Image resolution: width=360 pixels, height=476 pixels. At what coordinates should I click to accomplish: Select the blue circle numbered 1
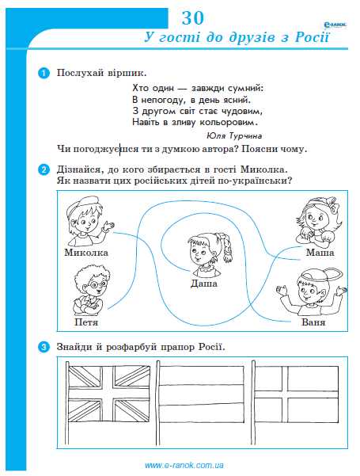coord(44,73)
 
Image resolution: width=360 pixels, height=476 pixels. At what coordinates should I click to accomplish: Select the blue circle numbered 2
coord(44,169)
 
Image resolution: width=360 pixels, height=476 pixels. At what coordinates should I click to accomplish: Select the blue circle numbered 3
coord(44,346)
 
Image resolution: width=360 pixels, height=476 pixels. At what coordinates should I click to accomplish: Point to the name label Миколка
coord(86,252)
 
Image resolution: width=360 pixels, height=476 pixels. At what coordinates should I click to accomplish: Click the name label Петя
coord(85,323)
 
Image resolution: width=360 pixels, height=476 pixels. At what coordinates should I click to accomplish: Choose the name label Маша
coord(319,252)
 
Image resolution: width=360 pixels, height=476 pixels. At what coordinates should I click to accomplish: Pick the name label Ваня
coord(313,323)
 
